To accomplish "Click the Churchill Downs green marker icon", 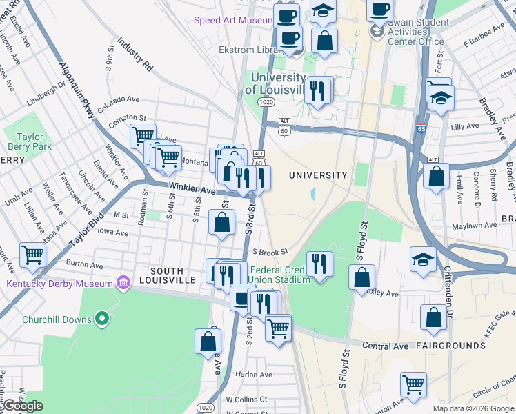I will coord(102,318).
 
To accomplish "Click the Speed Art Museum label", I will coord(233,21).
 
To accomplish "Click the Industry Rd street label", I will coord(135,55).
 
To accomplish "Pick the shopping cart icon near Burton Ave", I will coord(32,255).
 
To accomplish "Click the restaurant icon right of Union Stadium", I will coord(319,264).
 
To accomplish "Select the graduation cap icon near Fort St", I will coord(441,97).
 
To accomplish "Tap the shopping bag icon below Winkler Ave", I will coord(221,223).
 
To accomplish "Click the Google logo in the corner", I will coord(23,406).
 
